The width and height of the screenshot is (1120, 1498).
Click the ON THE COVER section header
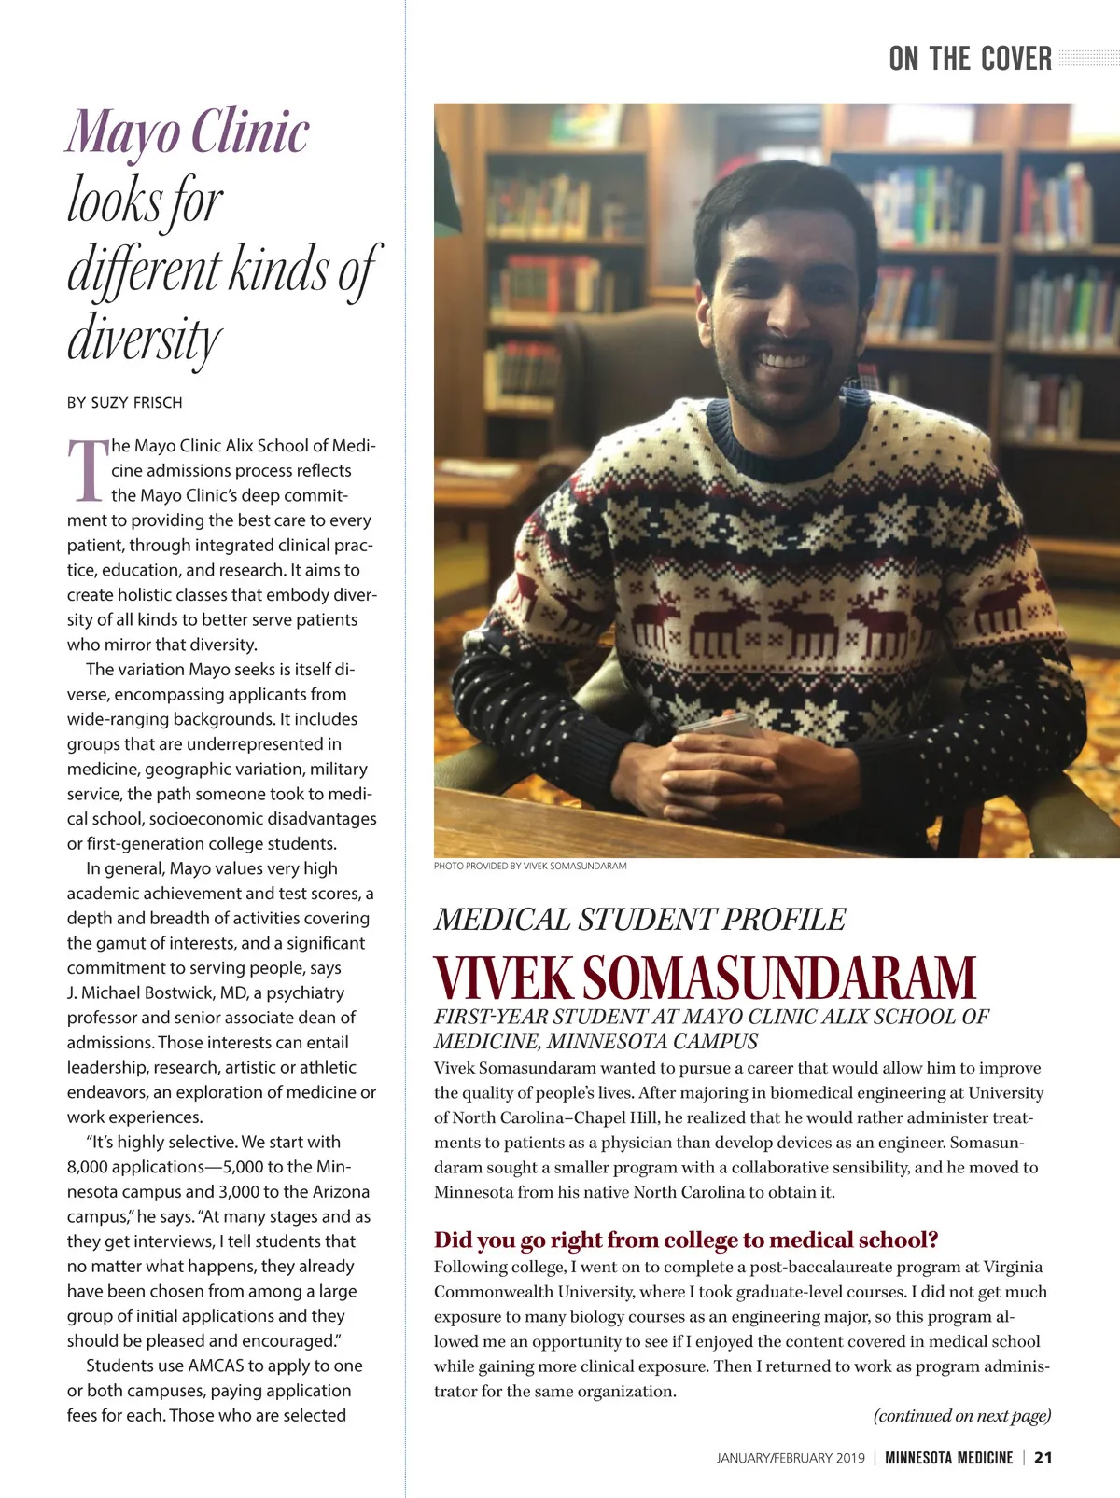tap(970, 59)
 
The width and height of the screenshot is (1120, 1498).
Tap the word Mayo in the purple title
tap(122, 133)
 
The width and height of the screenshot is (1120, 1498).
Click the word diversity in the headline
tap(145, 338)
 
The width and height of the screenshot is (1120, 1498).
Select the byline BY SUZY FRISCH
tap(125, 403)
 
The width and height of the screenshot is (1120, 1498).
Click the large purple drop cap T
tap(87, 470)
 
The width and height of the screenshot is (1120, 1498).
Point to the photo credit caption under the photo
tap(530, 866)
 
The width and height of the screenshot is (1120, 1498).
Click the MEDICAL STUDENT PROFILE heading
tap(639, 920)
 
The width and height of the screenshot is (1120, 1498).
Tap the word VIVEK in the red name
tap(503, 978)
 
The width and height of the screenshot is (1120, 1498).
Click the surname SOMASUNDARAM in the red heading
tap(778, 978)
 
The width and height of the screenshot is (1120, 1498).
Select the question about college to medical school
tap(686, 1240)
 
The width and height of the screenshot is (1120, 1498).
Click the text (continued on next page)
tap(961, 1415)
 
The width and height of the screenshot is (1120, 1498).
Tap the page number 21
tap(1043, 1458)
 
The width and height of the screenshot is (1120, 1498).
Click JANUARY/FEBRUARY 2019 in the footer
tap(791, 1458)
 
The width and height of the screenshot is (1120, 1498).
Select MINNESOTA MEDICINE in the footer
tap(948, 1458)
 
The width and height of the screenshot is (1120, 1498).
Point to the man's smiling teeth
tap(786, 357)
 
